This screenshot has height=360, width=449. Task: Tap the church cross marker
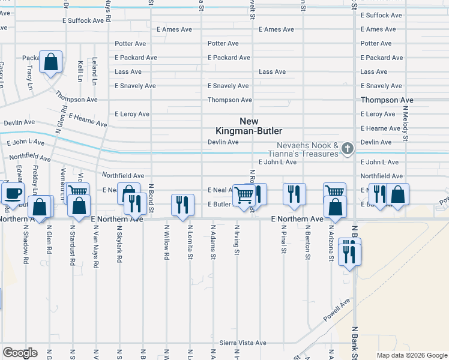click(348, 148)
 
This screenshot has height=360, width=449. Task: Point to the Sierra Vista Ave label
click(243, 343)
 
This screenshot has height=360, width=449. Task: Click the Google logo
click(20, 352)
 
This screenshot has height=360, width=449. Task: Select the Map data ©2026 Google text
click(412, 355)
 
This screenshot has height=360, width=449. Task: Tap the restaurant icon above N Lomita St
click(183, 204)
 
